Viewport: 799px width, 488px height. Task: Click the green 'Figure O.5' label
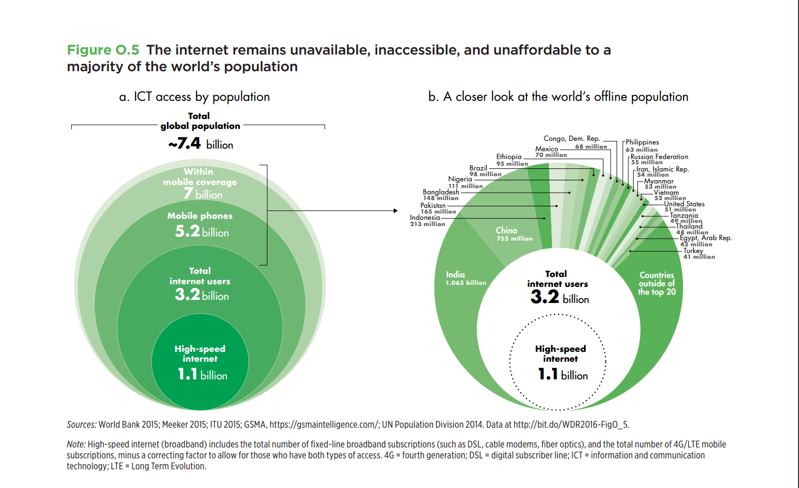point(103,50)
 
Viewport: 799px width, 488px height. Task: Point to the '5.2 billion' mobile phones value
point(202,231)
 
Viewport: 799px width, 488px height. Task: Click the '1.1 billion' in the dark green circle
point(202,374)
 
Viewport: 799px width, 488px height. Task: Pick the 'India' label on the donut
point(455,274)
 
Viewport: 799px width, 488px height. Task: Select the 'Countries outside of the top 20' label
point(657,283)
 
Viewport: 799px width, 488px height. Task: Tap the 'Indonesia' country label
point(424,218)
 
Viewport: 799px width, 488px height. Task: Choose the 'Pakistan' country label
point(433,205)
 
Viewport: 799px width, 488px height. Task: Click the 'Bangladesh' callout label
point(441,192)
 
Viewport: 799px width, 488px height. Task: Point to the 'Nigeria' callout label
point(460,179)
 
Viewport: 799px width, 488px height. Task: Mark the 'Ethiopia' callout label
point(509,156)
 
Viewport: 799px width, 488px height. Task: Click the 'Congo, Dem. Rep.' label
point(572,138)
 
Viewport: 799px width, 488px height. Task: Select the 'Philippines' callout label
point(642,142)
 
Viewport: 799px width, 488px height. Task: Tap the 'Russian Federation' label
point(659,156)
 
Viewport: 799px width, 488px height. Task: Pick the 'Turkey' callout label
point(693,250)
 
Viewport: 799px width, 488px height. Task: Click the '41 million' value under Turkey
point(699,257)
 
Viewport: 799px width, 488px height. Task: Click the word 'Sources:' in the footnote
point(81,425)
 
